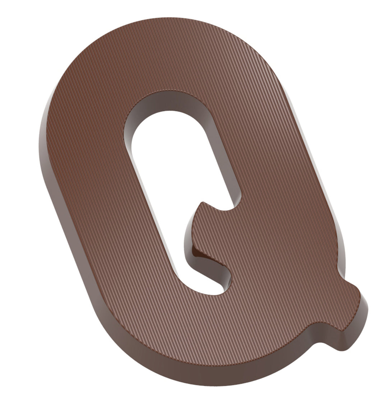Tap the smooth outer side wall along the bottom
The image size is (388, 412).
coord(201,377)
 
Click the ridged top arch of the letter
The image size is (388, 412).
coord(162,54)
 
